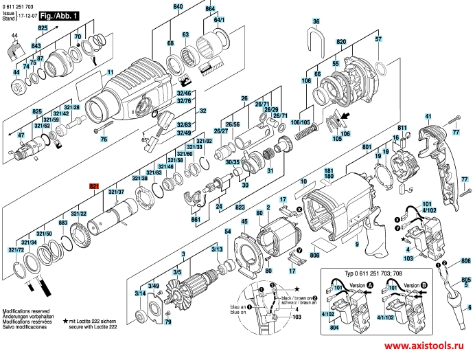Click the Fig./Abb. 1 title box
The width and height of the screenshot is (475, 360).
point(55,14)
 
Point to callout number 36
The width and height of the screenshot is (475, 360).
point(316,22)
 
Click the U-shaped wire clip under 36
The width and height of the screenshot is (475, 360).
point(316,44)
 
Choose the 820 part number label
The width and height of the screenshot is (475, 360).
point(341,42)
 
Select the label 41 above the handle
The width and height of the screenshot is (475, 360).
point(429,116)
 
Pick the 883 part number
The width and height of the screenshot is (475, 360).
point(63,224)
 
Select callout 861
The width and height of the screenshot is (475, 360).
point(196,219)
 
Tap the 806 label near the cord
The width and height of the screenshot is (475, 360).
point(465,260)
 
